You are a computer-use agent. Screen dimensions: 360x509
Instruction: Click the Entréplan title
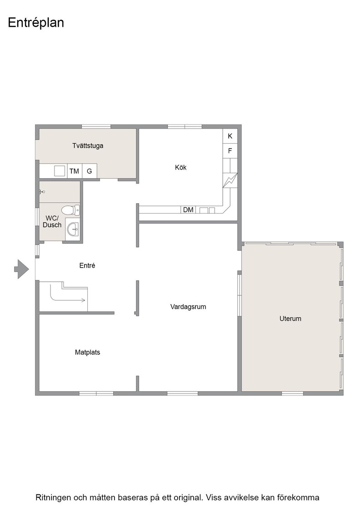coord(36,23)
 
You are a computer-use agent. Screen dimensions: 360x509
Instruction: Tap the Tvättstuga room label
coord(88,146)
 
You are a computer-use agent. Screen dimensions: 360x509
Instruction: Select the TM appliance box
coord(75,171)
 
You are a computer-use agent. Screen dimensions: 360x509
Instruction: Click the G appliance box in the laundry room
coord(89,171)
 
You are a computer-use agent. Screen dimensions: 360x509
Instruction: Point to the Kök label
coord(181,168)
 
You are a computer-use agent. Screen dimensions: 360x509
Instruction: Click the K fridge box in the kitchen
coord(230,136)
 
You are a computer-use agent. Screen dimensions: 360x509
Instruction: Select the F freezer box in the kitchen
coord(230,150)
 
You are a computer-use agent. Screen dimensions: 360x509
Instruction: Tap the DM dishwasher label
coord(188,210)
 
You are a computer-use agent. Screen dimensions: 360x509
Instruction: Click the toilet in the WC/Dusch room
coord(70,210)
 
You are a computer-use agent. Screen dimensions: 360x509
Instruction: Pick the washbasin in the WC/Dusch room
coord(73,230)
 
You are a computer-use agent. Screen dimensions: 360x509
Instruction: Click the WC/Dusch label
coord(52,221)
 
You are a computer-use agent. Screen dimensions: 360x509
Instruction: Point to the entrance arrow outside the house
coord(21,269)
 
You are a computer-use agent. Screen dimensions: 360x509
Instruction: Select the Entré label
coord(87,265)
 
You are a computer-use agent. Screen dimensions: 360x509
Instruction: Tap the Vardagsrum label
coord(188,307)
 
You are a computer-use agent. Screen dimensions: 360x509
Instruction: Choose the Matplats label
coord(87,352)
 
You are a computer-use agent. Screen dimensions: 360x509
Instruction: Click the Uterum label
coord(290,319)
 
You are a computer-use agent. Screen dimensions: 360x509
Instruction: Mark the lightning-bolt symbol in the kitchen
coord(230,180)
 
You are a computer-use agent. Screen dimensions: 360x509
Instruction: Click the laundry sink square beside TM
coord(60,171)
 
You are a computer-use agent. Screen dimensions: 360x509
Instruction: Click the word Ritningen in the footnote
coord(53,498)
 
